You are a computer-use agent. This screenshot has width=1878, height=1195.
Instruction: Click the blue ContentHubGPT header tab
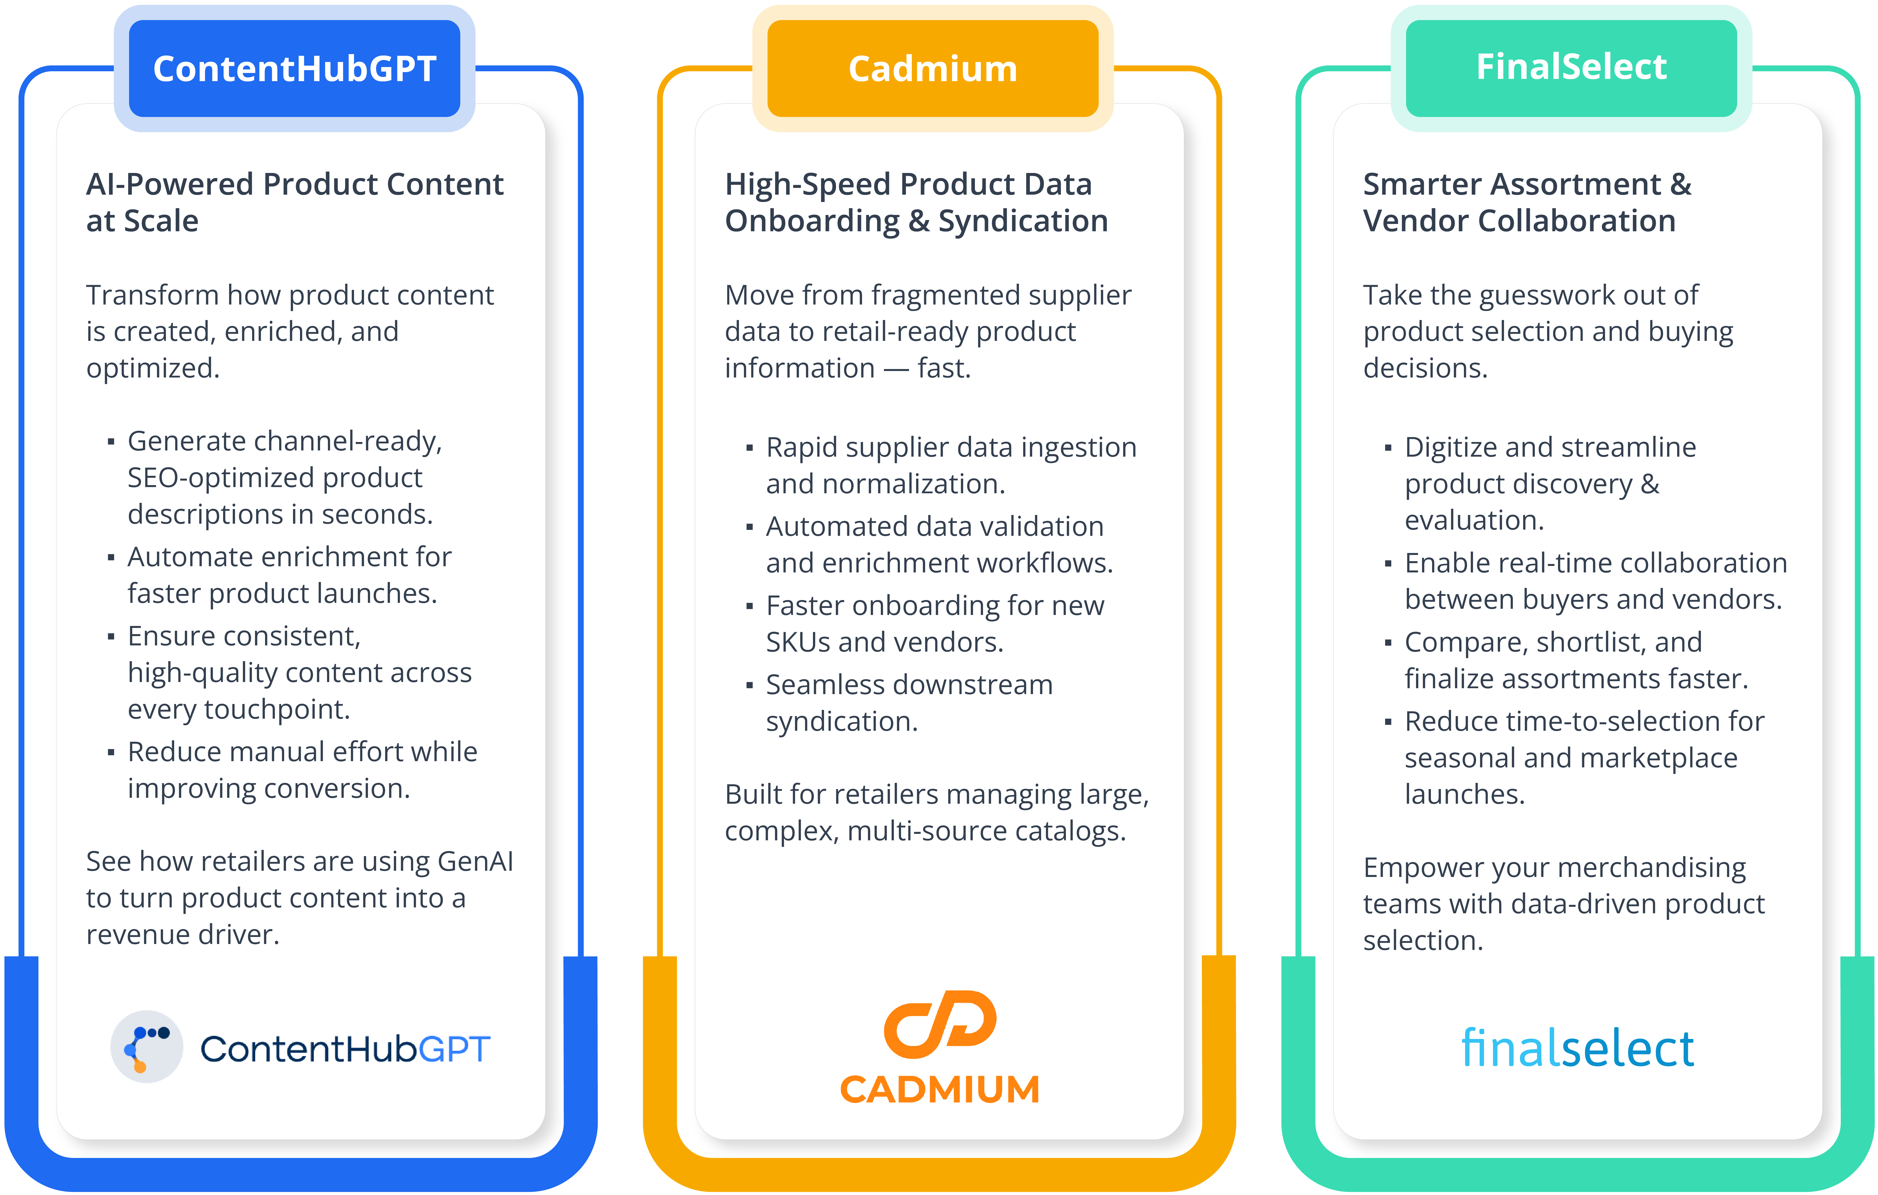294,69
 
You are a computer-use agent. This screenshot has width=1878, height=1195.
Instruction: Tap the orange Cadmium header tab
933,69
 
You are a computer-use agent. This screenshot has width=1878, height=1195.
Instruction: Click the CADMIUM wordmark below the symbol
940,1090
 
